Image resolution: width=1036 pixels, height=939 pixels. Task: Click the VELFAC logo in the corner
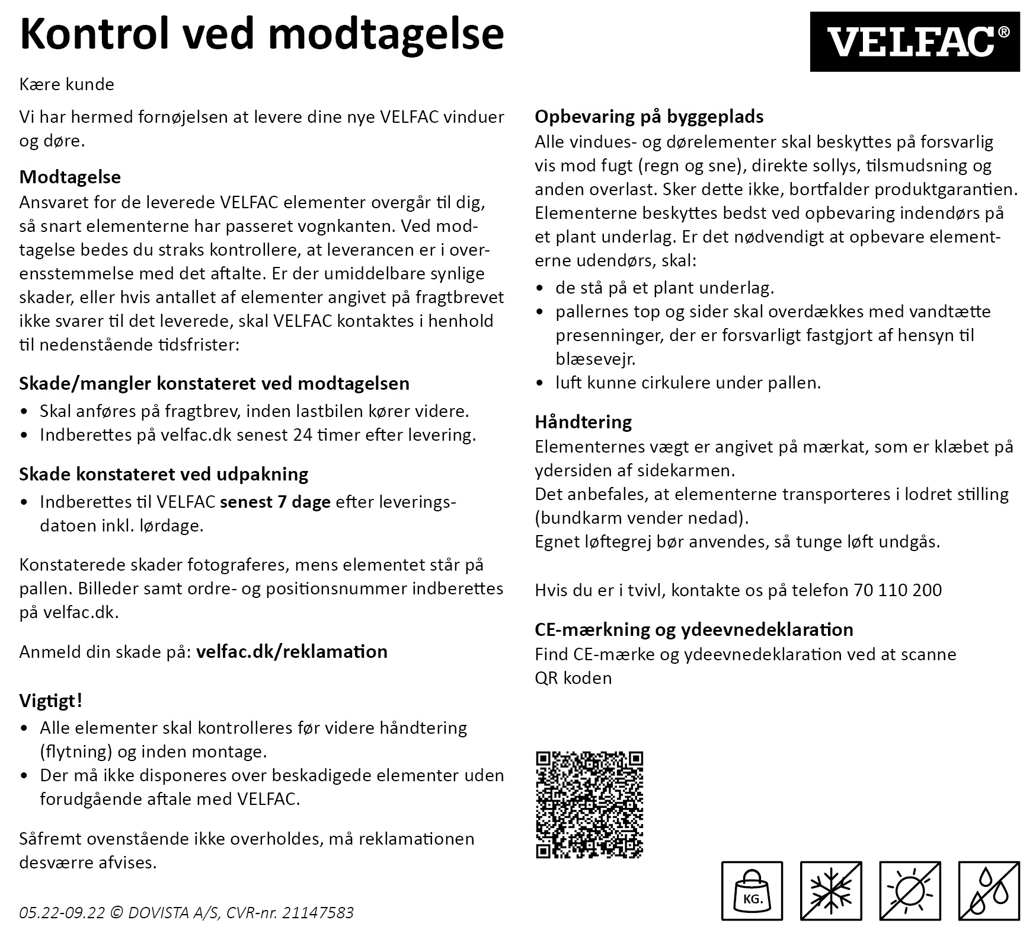tap(915, 42)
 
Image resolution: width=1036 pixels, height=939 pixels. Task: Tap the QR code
tap(589, 804)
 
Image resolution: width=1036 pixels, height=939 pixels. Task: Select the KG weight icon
tap(752, 891)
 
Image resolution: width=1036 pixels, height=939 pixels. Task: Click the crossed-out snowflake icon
tap(831, 891)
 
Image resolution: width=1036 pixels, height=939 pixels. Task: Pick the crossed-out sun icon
tap(910, 891)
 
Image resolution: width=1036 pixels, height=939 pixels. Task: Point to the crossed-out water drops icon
tap(989, 891)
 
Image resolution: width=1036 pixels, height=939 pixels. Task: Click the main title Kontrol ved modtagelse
tap(261, 34)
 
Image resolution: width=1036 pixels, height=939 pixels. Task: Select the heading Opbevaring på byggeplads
tap(649, 116)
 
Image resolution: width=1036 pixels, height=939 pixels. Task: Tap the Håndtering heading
tap(583, 422)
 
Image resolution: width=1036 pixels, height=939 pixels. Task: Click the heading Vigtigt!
tap(51, 701)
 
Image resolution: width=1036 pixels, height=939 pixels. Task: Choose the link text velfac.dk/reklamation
tap(292, 651)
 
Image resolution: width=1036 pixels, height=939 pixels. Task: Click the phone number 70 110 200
tap(898, 590)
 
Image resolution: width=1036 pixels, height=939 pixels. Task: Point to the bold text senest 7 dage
tap(275, 502)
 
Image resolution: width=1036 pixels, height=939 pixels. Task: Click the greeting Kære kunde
tap(67, 84)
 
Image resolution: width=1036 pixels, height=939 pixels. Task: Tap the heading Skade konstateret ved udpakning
tap(164, 474)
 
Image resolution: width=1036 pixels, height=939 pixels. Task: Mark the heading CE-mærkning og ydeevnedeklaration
tap(694, 629)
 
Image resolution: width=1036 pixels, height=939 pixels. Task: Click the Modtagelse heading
tap(70, 177)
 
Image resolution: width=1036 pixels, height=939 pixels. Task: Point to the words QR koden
tap(573, 678)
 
